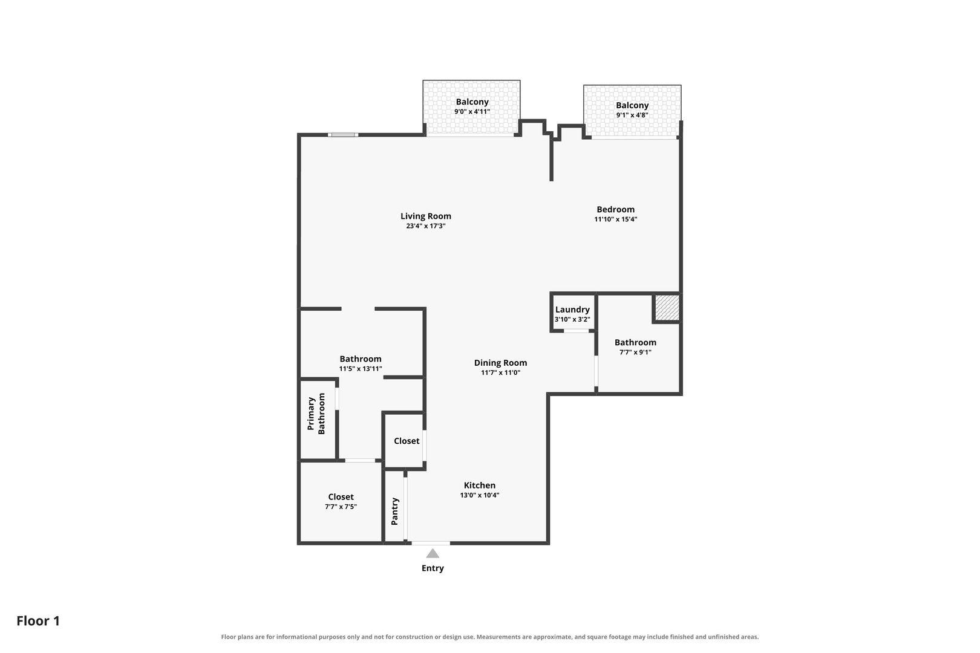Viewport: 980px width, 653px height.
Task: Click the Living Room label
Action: tap(426, 216)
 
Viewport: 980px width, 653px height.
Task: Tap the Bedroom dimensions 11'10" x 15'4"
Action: tap(616, 219)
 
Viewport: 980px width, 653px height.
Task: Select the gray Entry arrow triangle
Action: tap(433, 554)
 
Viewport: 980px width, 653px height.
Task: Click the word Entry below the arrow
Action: tap(433, 568)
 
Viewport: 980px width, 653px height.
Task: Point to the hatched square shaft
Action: tap(667, 308)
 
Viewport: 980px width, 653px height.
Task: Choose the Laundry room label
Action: tap(572, 310)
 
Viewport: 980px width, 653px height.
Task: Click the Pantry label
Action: tap(394, 512)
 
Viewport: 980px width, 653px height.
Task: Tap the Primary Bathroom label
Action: tap(316, 414)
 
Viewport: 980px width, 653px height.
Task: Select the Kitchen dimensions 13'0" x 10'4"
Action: tap(480, 496)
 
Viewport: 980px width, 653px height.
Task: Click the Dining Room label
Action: tap(500, 363)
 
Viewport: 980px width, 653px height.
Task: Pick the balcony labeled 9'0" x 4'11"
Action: tap(472, 108)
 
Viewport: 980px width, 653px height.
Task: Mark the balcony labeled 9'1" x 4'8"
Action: tap(632, 111)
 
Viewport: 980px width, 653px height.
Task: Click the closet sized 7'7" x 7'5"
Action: tap(341, 502)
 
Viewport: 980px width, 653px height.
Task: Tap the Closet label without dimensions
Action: tap(407, 441)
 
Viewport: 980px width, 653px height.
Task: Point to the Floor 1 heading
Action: tap(38, 621)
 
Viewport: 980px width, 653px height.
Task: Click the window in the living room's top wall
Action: tap(343, 135)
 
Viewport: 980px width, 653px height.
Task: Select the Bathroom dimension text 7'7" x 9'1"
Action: tap(635, 352)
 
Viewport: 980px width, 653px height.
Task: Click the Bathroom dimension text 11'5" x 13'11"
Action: tap(361, 369)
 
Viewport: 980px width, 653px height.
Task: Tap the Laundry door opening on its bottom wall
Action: tap(576, 331)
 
